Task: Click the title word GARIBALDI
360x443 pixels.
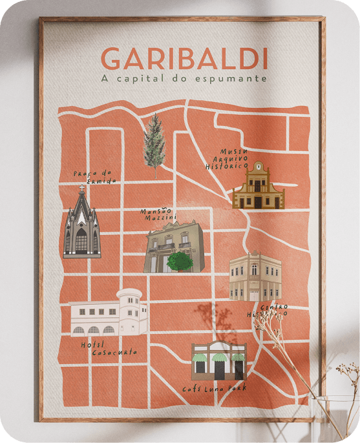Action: [184, 58]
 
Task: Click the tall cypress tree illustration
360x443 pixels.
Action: [154, 145]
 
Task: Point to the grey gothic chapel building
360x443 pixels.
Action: [81, 229]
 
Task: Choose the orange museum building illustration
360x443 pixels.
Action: [258, 189]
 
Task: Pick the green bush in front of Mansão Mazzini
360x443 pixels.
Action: [180, 262]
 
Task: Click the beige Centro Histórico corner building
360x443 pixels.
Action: [255, 276]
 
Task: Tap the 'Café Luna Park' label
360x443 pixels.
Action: [218, 389]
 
